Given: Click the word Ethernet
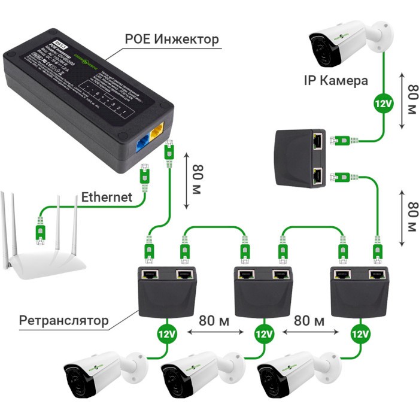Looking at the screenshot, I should (x=107, y=197).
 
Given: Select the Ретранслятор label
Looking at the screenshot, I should (x=64, y=320).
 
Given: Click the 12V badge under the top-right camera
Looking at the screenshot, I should (x=383, y=103).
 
